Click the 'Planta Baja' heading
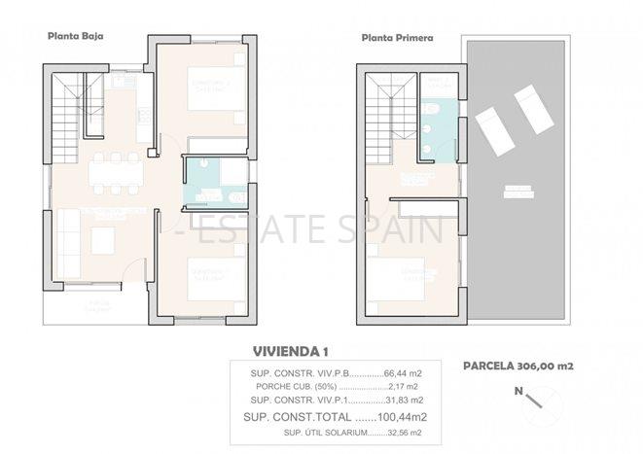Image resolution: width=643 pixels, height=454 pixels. (76, 36)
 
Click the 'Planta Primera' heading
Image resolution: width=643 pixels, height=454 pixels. (397, 40)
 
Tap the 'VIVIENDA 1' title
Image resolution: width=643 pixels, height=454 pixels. (291, 351)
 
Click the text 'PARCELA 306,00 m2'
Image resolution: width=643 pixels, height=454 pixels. (518, 367)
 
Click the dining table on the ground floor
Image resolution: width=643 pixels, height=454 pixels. (116, 173)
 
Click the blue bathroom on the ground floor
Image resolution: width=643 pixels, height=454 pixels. (215, 183)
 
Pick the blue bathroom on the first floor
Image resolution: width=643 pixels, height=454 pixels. (441, 129)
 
